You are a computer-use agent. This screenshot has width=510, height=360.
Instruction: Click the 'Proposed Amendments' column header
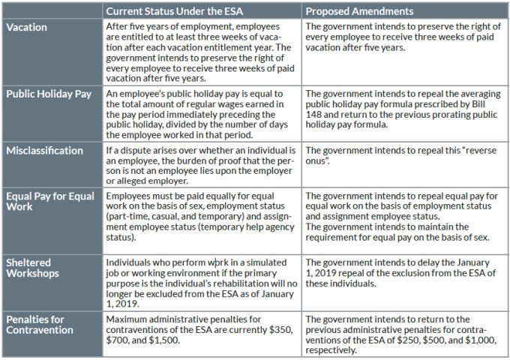pyautogui.click(x=359, y=11)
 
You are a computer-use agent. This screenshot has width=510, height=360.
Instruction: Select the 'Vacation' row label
pyautogui.click(x=26, y=26)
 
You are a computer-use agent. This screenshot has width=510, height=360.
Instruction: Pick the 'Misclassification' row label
pyautogui.click(x=44, y=151)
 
